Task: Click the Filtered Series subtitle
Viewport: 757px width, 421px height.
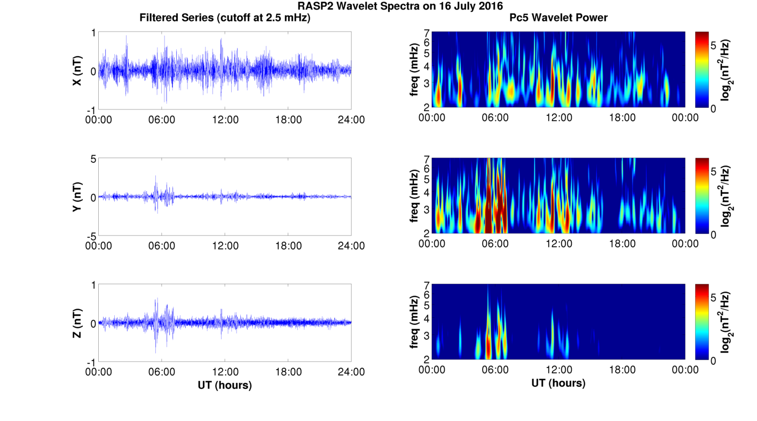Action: tap(225, 18)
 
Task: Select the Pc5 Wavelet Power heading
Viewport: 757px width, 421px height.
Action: tap(558, 18)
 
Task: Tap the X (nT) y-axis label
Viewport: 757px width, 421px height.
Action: tap(77, 71)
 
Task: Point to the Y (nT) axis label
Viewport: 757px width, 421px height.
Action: tap(77, 197)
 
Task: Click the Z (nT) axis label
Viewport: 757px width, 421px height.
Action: tap(77, 323)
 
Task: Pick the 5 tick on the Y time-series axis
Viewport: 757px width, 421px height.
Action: tap(93, 159)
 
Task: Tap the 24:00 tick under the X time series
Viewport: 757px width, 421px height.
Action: tap(351, 120)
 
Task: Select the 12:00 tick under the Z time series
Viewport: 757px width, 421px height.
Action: tap(225, 371)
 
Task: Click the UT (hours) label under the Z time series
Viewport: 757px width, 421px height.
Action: tap(225, 385)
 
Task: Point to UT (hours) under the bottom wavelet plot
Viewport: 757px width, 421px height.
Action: tap(558, 383)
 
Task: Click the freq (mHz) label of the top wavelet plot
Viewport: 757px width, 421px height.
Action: tap(414, 70)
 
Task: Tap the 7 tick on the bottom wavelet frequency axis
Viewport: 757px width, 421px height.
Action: tap(427, 285)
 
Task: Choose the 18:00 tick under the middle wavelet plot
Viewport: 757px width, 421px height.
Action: tap(622, 244)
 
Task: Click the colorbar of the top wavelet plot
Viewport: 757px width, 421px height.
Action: tap(702, 69)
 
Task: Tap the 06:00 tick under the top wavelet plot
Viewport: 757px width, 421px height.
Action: tap(495, 118)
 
